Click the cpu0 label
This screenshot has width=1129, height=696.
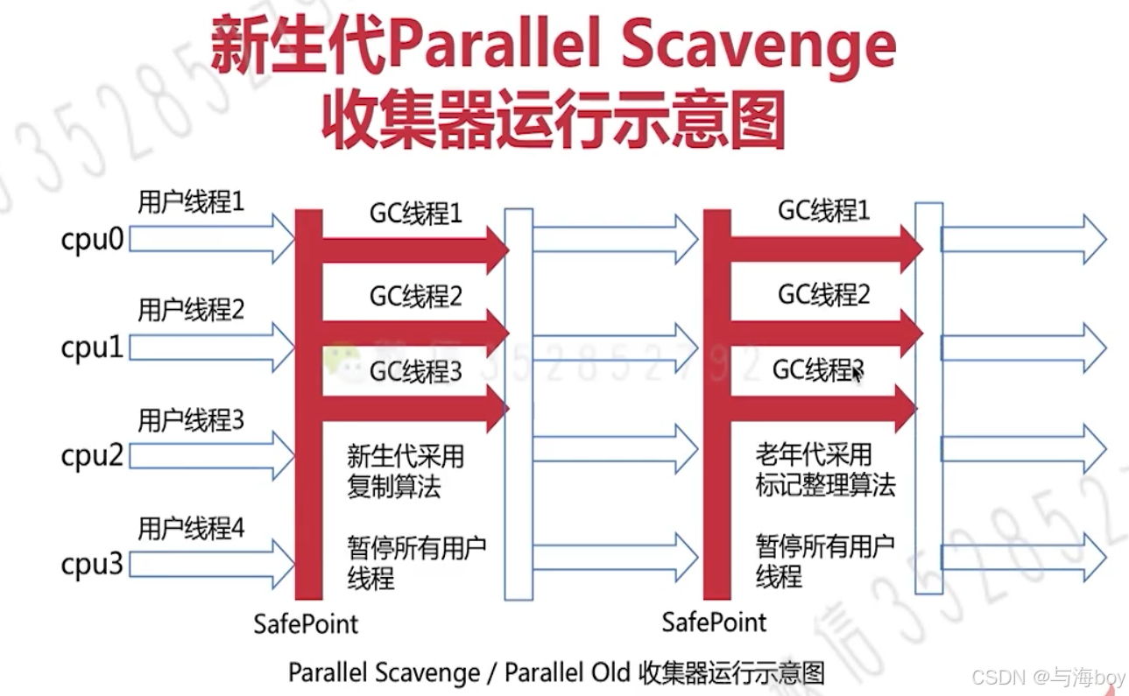[92, 241]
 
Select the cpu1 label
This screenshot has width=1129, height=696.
[92, 348]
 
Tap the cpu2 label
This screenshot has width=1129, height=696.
[92, 456]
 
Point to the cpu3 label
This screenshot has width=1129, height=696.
[92, 565]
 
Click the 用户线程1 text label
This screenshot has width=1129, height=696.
[191, 202]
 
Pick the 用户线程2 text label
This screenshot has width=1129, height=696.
[191, 310]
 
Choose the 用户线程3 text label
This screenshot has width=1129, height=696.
[191, 420]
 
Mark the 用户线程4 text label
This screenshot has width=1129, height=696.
[191, 529]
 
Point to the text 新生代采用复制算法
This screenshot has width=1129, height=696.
[404, 472]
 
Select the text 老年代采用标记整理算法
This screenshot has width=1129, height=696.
[825, 470]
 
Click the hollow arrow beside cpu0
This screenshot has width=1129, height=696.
[212, 241]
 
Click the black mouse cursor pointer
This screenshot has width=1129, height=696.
[857, 374]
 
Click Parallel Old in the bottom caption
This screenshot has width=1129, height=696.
[568, 672]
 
